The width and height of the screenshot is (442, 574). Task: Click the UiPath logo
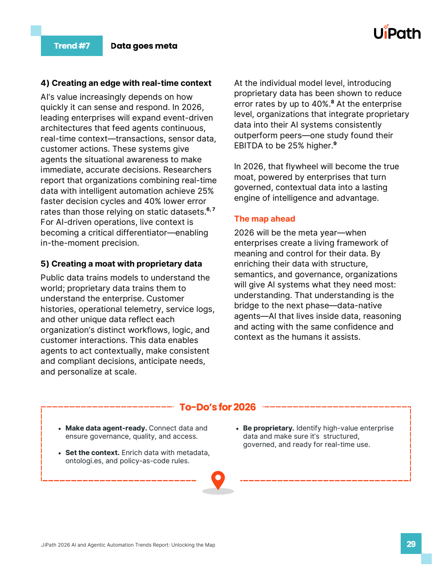[397, 32]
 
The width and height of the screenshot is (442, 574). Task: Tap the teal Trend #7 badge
[72, 46]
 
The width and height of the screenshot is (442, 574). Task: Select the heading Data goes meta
[144, 46]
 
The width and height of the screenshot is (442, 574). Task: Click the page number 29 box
[411, 544]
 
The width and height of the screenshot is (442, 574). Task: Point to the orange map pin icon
[218, 480]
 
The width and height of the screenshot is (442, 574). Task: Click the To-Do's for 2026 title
[218, 407]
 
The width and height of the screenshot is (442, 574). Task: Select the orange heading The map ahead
[264, 219]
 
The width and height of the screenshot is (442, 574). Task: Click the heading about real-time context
[126, 83]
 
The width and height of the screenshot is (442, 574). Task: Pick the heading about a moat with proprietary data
[121, 264]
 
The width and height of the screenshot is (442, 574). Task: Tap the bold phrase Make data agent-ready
[106, 428]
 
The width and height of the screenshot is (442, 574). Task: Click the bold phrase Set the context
[92, 453]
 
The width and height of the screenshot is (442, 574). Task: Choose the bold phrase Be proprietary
[268, 428]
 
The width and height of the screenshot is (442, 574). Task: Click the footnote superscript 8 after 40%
[332, 102]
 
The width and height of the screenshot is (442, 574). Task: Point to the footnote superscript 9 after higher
[335, 143]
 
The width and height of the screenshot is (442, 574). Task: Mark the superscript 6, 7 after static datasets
[211, 209]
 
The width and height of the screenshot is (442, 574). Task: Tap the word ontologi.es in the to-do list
[83, 461]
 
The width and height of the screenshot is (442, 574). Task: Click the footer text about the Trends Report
[128, 545]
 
